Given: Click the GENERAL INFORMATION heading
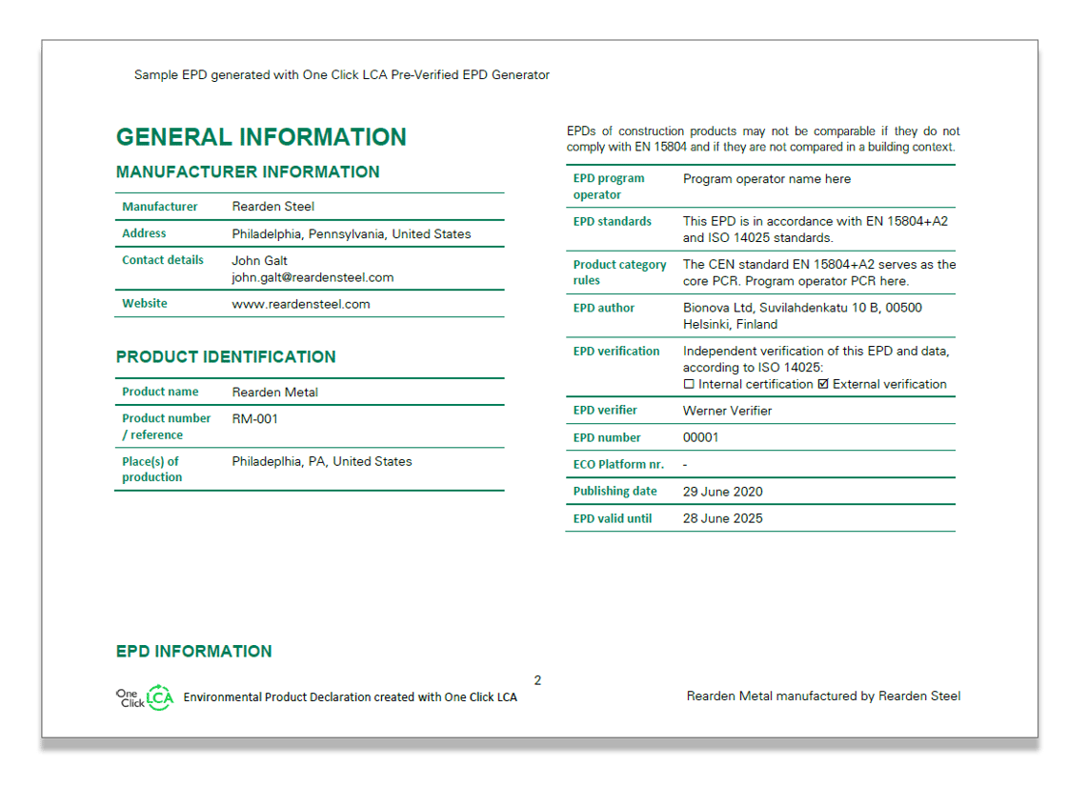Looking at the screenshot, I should (x=261, y=137).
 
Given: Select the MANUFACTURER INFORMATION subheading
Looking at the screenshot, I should (x=248, y=172).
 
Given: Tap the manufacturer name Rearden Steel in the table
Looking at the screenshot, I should (x=272, y=207).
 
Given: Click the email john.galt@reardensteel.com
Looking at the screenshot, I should (x=312, y=277).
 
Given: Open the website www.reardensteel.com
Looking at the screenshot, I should (x=301, y=304).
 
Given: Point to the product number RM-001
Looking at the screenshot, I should (x=255, y=418).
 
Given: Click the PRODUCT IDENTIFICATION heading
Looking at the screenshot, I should (x=226, y=357).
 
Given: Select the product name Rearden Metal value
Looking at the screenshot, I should (x=275, y=392).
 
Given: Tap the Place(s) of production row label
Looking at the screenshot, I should (x=151, y=469).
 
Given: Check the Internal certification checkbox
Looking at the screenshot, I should (x=689, y=385).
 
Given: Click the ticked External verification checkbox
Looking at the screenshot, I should (x=823, y=385).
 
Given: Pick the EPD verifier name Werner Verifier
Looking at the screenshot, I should (x=727, y=411).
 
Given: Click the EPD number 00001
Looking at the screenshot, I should (x=701, y=437).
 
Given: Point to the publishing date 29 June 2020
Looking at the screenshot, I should (x=722, y=492).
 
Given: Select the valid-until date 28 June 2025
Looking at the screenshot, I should (x=722, y=518).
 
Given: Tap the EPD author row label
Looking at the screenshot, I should (x=603, y=308).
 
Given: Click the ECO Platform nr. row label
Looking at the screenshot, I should (x=618, y=465).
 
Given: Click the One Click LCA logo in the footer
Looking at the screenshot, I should (x=145, y=697).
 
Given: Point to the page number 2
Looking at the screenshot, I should (x=537, y=680).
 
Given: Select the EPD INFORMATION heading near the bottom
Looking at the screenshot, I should (x=193, y=652).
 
